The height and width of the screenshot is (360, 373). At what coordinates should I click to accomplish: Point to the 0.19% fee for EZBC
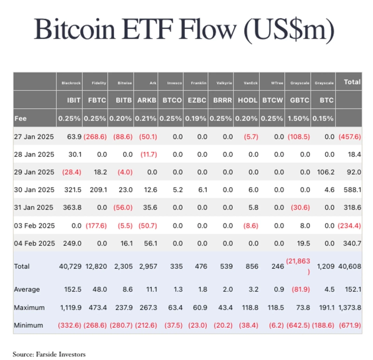(195, 118)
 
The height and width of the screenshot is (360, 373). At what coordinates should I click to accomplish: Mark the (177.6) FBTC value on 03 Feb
(96, 225)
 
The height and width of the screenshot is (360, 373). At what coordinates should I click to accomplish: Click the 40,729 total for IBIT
(70, 266)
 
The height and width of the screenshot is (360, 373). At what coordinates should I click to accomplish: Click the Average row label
(27, 289)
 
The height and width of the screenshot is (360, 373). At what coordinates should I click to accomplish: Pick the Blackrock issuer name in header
(71, 83)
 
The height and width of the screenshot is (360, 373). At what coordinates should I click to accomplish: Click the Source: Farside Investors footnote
(49, 354)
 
